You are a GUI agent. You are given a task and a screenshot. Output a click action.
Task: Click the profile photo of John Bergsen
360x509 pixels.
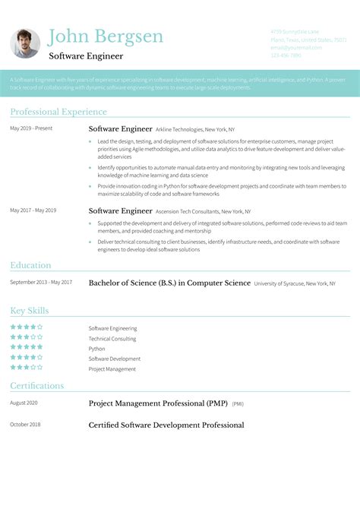point(25,43)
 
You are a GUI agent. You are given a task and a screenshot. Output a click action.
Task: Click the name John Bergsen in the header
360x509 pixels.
point(105,36)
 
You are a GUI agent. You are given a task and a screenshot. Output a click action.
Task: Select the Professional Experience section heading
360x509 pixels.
point(58,112)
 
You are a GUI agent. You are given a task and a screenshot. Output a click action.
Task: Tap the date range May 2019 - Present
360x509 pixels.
point(31,128)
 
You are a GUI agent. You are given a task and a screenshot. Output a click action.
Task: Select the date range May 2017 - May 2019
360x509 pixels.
point(33,210)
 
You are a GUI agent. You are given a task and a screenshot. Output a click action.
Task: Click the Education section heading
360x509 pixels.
point(31,265)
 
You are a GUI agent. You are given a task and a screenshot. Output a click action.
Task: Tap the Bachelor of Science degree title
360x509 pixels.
point(169,283)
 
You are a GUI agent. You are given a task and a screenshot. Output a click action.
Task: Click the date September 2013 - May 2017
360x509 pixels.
point(41,283)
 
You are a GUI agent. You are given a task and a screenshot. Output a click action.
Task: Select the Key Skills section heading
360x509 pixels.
point(30,311)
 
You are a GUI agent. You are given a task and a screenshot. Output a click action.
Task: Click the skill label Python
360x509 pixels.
point(96,349)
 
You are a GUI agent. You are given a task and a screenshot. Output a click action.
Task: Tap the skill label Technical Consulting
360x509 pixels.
point(112,339)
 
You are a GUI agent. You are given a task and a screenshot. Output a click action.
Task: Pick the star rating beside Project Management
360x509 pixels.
point(26,368)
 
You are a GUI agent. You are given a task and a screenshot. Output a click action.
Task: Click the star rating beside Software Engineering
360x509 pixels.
point(26,327)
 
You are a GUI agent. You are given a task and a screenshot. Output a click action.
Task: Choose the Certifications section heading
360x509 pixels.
point(37,386)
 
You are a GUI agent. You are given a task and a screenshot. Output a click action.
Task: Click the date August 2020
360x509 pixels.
point(24,403)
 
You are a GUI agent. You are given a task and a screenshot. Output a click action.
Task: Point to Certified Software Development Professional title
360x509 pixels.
point(166,425)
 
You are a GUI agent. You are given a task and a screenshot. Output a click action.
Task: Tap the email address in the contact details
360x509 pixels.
point(296,47)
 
